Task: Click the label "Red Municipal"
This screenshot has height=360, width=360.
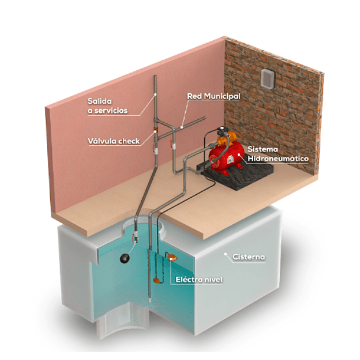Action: (x=214, y=96)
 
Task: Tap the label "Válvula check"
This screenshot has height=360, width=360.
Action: (x=114, y=141)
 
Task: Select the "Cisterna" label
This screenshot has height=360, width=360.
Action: (x=248, y=257)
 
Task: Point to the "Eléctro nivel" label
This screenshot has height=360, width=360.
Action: (x=199, y=279)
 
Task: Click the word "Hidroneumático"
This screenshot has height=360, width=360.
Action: (x=278, y=158)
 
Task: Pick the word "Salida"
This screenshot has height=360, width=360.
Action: (x=100, y=101)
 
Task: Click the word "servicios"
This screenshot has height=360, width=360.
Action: (x=111, y=111)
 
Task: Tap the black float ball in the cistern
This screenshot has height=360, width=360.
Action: (x=125, y=258)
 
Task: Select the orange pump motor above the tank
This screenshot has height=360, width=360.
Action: (x=227, y=139)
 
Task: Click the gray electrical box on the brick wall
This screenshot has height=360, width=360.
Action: (x=268, y=78)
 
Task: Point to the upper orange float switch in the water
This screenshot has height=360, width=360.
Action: (x=172, y=257)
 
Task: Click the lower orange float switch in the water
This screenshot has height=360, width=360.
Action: (x=157, y=280)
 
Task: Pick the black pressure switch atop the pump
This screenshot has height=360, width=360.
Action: (x=222, y=131)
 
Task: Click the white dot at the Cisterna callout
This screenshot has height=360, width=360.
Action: (x=225, y=254)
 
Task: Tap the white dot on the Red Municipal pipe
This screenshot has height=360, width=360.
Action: (x=182, y=127)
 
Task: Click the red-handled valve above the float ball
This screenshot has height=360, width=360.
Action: (x=135, y=237)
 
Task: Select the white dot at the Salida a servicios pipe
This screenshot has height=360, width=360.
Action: (x=155, y=94)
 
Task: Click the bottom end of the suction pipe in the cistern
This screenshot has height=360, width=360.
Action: (x=150, y=300)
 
